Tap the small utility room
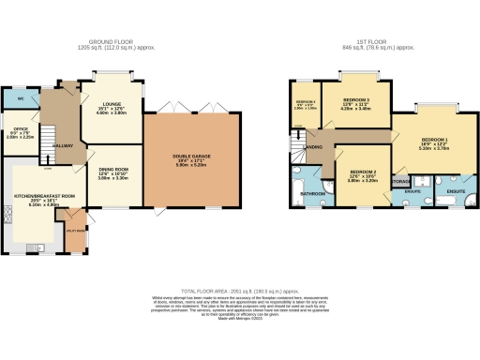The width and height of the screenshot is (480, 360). coord(72,225)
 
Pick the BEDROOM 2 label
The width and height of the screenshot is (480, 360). coord(363,172)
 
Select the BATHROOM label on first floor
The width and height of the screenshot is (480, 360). coord(312,194)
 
